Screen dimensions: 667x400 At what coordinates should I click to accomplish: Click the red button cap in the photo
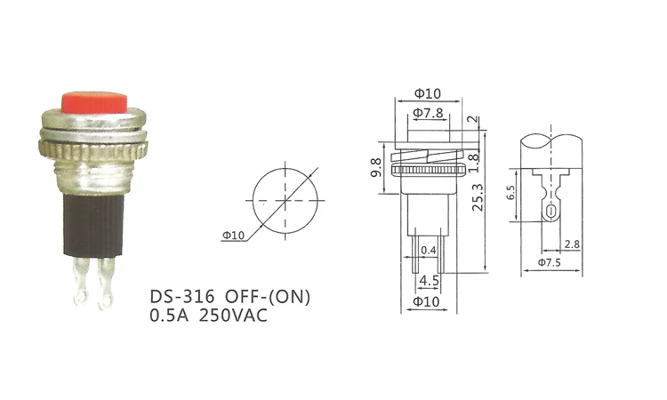94,102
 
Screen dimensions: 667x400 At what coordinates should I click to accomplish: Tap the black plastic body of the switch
93,225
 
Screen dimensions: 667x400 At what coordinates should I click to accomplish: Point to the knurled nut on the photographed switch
92,148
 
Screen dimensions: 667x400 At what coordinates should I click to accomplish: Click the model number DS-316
181,296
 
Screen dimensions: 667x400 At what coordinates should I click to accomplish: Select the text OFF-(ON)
268,296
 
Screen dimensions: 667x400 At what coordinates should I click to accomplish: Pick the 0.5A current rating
169,316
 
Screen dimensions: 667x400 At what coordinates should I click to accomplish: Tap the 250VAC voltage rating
233,316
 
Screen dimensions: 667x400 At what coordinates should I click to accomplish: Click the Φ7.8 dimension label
428,113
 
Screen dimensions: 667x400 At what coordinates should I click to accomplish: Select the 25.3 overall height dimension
478,197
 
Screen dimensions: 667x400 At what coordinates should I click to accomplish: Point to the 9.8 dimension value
376,168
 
